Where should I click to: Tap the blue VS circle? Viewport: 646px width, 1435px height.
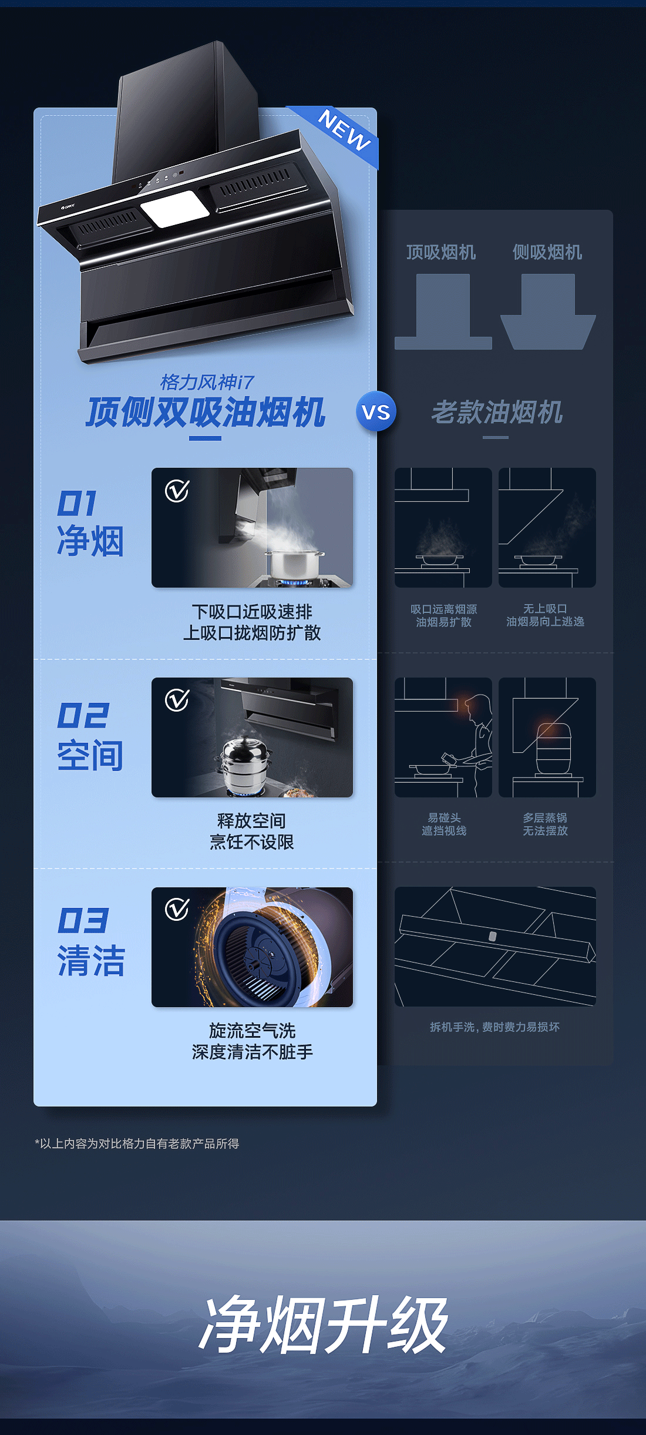point(376,411)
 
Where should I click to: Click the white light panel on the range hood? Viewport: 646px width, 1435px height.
point(174,209)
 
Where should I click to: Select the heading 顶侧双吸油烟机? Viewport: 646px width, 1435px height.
point(206,412)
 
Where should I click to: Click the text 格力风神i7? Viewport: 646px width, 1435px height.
point(207,382)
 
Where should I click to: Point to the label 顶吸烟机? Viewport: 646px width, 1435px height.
point(441,252)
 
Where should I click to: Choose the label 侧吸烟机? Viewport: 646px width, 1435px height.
point(547,252)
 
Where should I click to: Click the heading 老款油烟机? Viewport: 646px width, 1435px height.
point(497,412)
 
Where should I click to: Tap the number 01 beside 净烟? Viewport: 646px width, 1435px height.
point(77,504)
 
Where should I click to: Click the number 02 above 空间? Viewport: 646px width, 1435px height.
point(83,715)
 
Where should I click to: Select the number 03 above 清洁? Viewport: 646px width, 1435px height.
point(83,920)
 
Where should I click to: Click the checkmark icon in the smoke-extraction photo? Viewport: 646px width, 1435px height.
point(177,491)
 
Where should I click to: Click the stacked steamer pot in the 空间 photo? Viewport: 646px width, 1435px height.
point(245,764)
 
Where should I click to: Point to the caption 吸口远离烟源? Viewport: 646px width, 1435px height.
point(444,609)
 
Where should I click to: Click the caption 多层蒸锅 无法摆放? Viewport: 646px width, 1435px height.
point(545,824)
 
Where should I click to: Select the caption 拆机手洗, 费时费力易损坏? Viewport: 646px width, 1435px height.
point(494,1027)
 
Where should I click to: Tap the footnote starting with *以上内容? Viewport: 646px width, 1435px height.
point(137,1144)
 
